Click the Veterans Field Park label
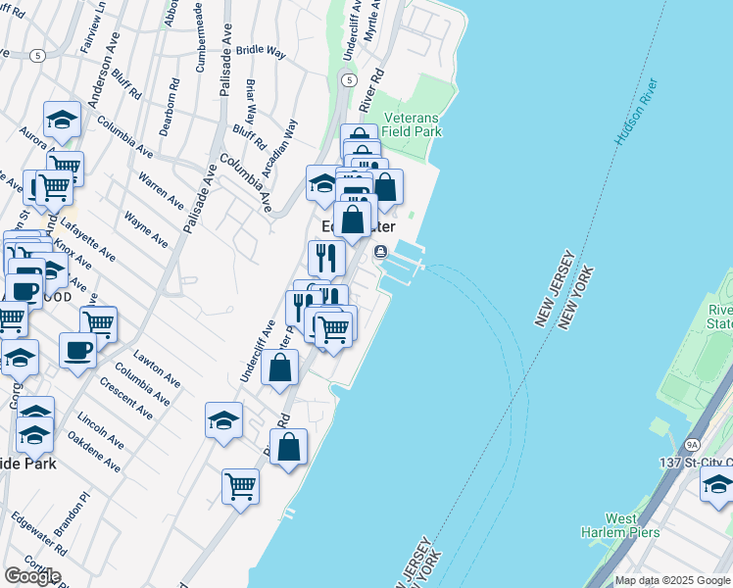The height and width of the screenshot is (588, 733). pyautogui.click(x=412, y=123)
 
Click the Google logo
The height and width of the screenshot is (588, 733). pyautogui.click(x=31, y=575)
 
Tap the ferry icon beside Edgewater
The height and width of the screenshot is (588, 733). pyautogui.click(x=380, y=252)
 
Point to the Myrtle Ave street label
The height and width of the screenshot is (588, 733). pyautogui.click(x=370, y=20)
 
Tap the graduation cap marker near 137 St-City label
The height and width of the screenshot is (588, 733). pyautogui.click(x=717, y=484)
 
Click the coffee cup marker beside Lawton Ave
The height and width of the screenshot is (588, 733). pyautogui.click(x=77, y=350)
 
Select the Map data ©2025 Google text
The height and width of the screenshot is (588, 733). pyautogui.click(x=672, y=580)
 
